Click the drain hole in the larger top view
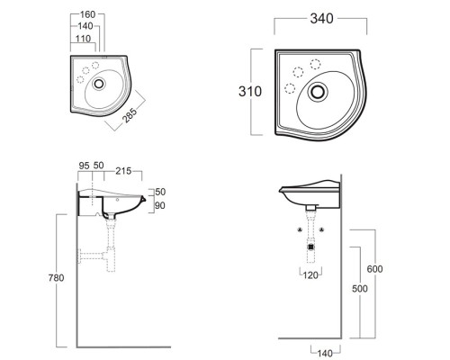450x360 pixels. click(x=318, y=91)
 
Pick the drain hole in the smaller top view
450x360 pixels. click(x=100, y=82)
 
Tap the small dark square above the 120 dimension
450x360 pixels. click(x=310, y=246)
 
